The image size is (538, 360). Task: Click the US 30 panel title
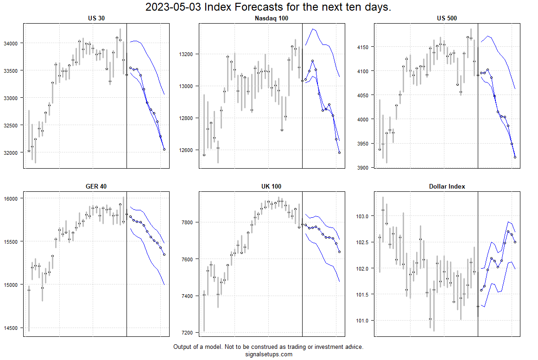coord(96,19)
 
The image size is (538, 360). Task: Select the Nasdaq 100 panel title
coord(272,19)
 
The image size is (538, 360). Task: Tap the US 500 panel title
coord(447,19)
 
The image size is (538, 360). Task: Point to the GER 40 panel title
coord(96,186)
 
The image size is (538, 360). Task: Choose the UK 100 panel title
coord(272,186)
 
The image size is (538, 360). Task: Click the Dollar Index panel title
coord(447,186)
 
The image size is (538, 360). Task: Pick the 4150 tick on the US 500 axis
coord(364,47)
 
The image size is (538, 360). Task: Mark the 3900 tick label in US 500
coord(364,168)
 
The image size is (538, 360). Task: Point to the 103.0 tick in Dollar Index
coord(364,216)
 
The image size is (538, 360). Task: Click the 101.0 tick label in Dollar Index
coord(364,321)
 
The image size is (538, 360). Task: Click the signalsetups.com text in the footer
coord(268,354)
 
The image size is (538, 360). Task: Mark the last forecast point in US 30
coord(164,149)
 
